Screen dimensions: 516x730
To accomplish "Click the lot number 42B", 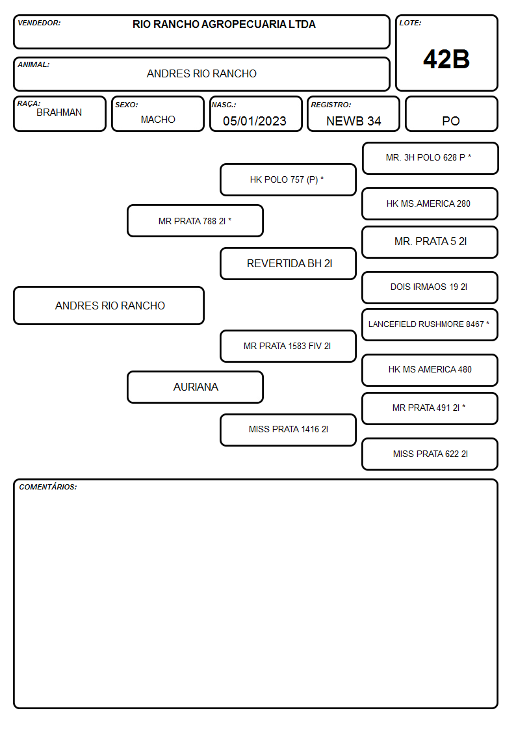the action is (446, 59).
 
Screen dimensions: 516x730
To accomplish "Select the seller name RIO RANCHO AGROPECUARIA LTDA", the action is (224, 24).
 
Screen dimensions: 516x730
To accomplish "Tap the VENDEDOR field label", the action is (39, 23).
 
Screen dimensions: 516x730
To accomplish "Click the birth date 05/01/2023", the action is (255, 121).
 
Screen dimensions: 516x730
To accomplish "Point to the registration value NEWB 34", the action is (354, 121).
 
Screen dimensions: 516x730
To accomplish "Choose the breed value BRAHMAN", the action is (59, 112).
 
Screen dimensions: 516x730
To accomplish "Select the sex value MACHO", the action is (158, 120).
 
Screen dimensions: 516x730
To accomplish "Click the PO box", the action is (451, 114).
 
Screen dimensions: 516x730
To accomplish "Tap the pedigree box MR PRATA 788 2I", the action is (196, 220).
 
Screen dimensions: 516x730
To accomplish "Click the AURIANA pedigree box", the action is (196, 387).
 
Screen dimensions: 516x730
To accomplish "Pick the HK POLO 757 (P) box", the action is (288, 179).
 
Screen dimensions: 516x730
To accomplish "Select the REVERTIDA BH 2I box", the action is (288, 263).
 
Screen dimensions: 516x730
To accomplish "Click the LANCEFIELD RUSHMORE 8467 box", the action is (430, 324).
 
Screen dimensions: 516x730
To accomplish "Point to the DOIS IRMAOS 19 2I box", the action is (430, 287).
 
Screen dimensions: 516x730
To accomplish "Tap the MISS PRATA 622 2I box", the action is (430, 454).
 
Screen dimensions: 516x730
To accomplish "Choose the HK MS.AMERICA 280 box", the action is (430, 203).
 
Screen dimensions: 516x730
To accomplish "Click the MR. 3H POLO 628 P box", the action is (430, 159).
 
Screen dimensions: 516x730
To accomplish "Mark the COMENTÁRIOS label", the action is (48, 487).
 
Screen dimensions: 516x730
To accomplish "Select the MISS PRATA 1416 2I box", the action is (288, 430).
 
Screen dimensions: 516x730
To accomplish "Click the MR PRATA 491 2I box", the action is (430, 408).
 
